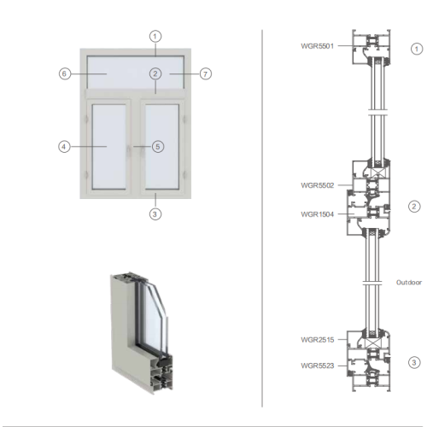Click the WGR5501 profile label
317,46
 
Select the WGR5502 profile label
317,185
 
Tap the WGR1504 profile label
317,214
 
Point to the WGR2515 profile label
317,340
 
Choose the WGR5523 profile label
317,366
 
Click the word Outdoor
409,283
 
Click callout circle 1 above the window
155,37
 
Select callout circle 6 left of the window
65,73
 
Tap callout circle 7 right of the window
205,74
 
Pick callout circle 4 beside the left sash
64,147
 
